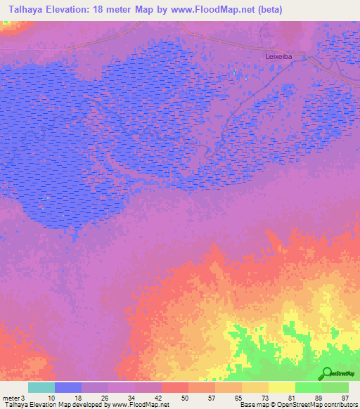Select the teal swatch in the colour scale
click(41, 387)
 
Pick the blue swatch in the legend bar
click(67, 387)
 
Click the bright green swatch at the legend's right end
click(335, 387)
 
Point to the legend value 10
click(52, 398)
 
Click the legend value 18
click(79, 398)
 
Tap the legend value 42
click(159, 398)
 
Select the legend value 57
click(212, 398)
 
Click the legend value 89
click(319, 398)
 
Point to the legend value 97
click(345, 398)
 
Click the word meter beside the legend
click(11, 398)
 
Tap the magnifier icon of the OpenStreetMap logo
click(325, 374)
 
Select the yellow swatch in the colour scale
click(281, 387)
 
